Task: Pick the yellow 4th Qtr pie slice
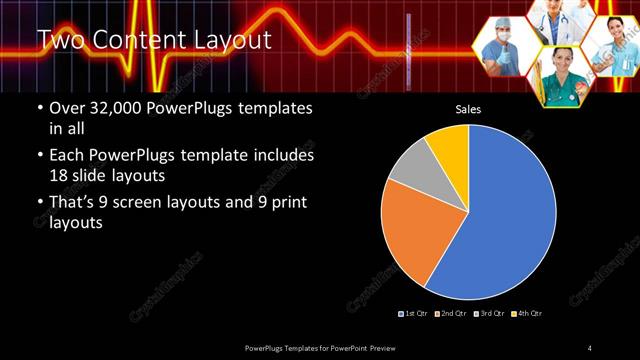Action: click(450, 146)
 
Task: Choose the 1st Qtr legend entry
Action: click(413, 314)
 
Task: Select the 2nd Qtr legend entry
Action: click(451, 314)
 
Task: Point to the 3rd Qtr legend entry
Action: click(489, 314)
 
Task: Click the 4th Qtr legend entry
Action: click(527, 314)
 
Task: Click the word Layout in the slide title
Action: click(233, 40)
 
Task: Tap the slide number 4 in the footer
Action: click(590, 347)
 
